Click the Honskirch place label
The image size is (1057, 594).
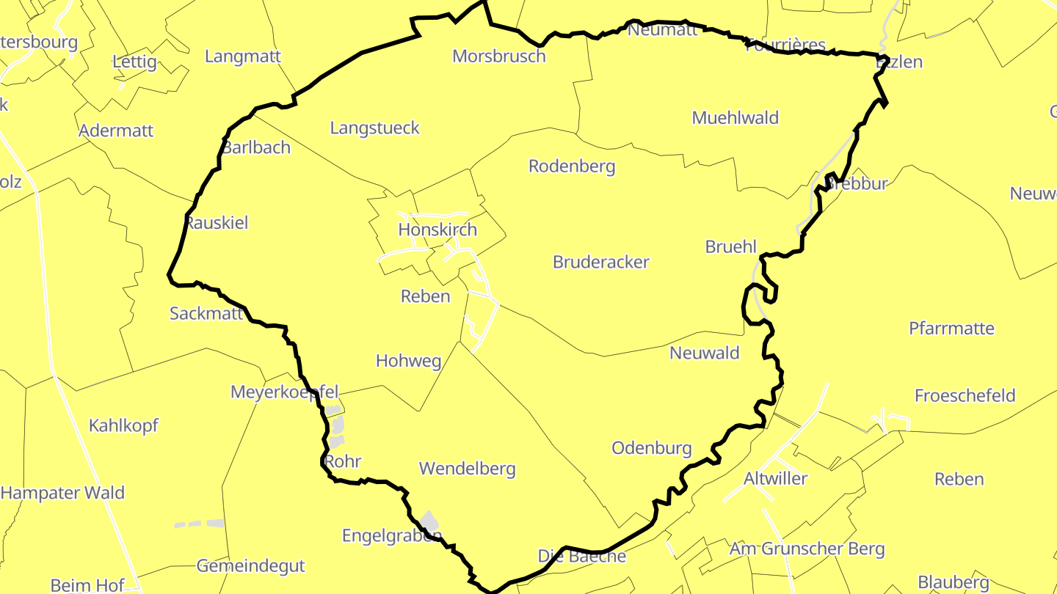(x=437, y=230)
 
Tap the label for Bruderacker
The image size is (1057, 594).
(x=601, y=262)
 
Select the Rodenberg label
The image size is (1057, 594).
(x=572, y=166)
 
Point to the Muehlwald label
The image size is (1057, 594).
(x=735, y=117)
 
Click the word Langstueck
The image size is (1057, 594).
(x=375, y=128)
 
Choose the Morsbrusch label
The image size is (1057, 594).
(x=499, y=56)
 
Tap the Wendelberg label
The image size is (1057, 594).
(x=467, y=468)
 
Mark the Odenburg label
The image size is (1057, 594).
(x=652, y=447)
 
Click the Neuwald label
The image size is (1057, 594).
(x=705, y=353)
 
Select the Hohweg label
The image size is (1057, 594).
(x=409, y=360)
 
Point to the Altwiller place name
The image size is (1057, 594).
(x=776, y=478)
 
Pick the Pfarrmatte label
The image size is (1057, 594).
(x=952, y=328)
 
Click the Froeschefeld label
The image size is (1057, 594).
(x=965, y=395)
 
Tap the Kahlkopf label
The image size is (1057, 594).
(x=123, y=425)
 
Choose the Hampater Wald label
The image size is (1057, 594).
(x=62, y=492)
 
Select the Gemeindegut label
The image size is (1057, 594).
(x=250, y=565)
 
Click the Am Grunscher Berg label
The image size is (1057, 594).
(x=807, y=548)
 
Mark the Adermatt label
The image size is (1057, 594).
(x=116, y=131)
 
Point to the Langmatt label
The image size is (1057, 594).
(x=243, y=56)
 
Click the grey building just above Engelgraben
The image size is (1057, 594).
(x=430, y=521)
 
